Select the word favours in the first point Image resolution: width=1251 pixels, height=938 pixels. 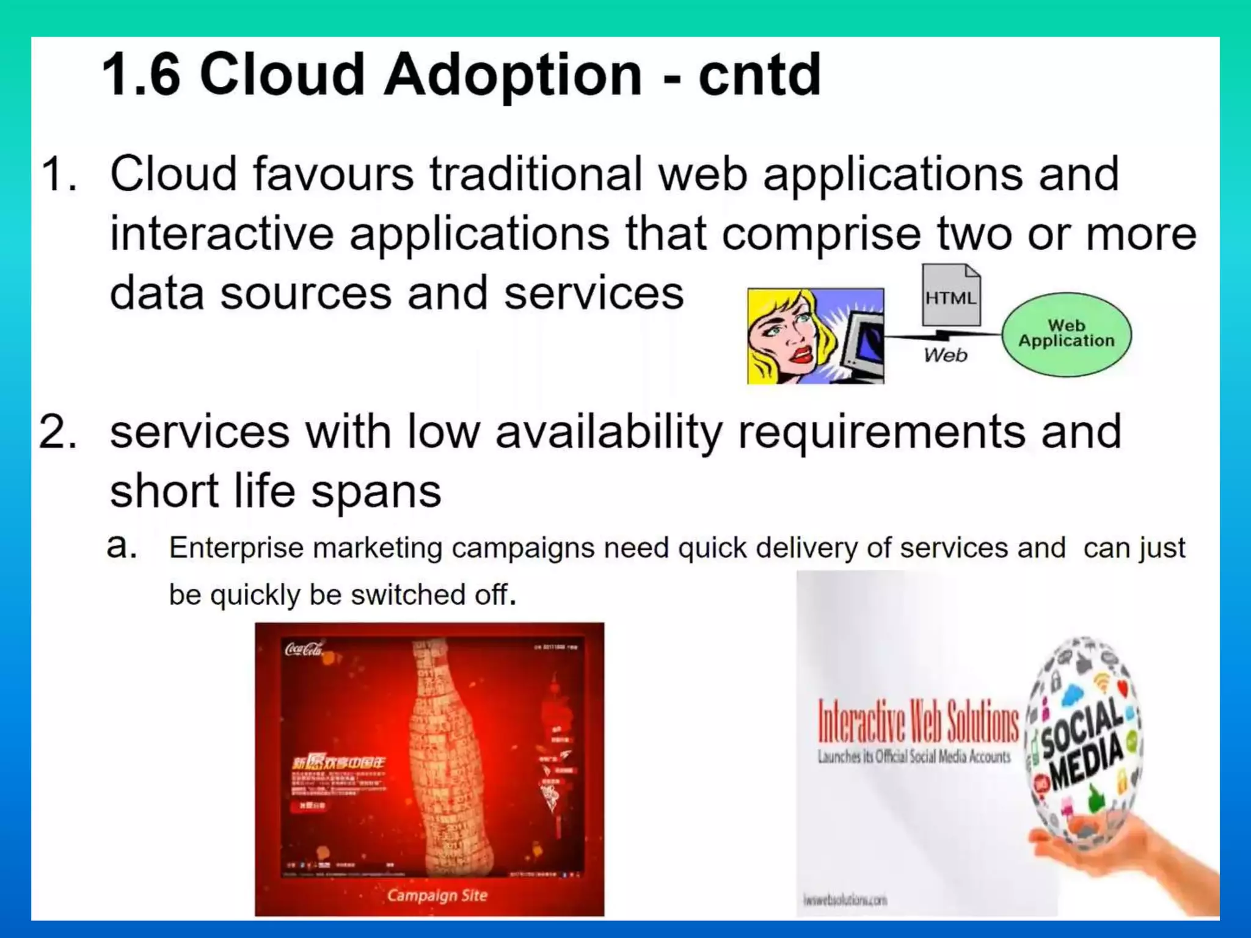point(333,174)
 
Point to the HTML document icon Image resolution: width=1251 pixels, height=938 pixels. point(950,296)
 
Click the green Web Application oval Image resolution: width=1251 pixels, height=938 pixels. point(1066,334)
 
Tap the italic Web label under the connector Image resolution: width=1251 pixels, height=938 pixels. point(945,355)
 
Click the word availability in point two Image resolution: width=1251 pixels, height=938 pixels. point(608,432)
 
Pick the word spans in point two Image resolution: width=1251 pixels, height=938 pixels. point(376,492)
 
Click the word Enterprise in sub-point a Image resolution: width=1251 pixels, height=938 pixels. point(236,548)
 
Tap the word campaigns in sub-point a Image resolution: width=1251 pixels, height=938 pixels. point(523,548)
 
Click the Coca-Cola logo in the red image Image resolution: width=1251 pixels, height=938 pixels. point(304,649)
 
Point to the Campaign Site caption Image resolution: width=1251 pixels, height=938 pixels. point(437,895)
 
